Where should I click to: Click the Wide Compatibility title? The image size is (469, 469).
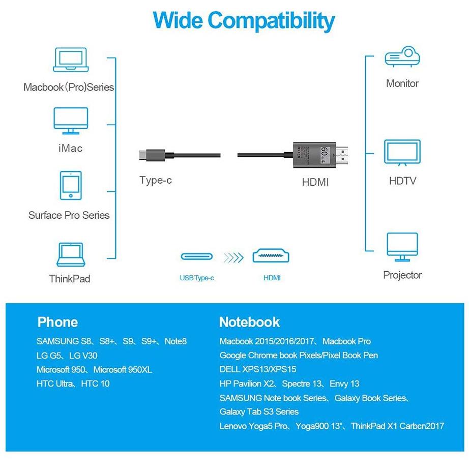point(244,21)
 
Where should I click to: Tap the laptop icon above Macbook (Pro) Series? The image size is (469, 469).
point(71,61)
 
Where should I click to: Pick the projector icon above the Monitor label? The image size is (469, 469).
point(402,57)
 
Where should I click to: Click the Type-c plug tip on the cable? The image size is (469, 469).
point(143,154)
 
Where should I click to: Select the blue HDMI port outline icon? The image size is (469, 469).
point(272,256)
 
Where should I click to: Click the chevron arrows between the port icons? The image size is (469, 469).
point(233,257)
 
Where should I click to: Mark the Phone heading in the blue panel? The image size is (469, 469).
point(57,322)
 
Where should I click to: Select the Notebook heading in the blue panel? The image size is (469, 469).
point(249,322)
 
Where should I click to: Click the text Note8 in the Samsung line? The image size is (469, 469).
point(175,341)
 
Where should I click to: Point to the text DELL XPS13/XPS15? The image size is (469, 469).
point(257,369)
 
